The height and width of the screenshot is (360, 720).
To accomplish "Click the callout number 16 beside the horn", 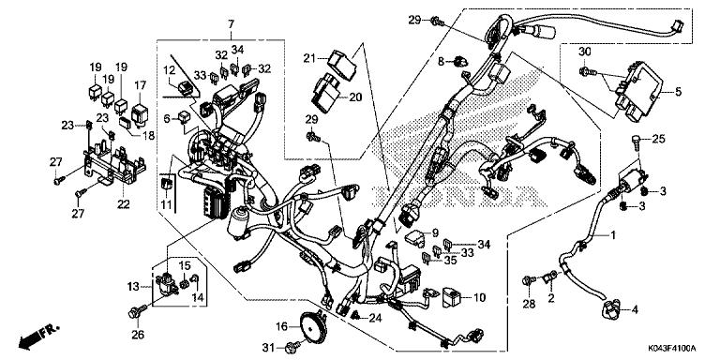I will (281, 326).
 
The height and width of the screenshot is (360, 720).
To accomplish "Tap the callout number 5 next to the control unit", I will (680, 92).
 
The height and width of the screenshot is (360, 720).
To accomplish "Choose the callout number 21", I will (308, 60).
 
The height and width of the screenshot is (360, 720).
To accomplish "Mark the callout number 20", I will (355, 97).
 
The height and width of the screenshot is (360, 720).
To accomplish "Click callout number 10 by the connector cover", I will (480, 298).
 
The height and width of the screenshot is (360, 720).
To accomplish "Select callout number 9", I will (434, 233).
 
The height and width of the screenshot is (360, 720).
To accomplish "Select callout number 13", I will (133, 285).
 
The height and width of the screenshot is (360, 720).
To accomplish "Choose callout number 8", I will (440, 62).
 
